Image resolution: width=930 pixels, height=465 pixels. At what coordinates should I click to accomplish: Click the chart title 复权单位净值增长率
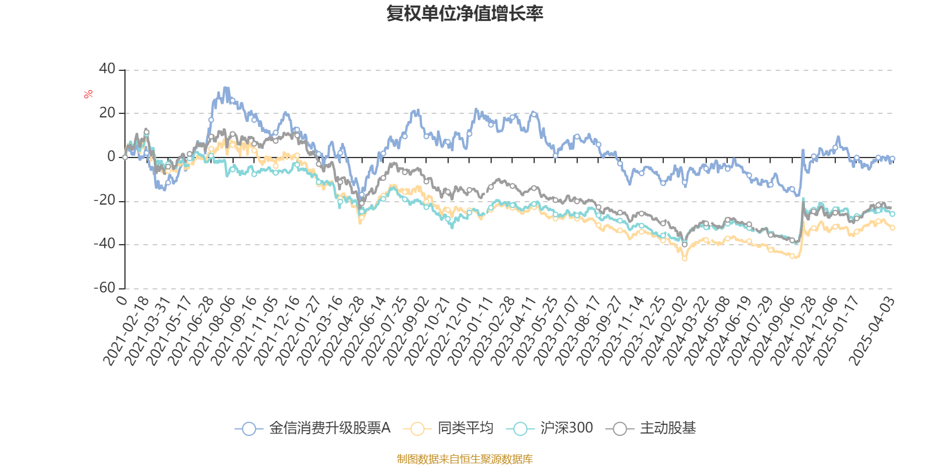click(464, 14)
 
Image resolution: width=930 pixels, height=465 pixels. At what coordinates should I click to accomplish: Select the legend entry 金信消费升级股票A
click(329, 428)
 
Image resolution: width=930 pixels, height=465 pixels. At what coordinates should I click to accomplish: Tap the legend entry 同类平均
click(465, 428)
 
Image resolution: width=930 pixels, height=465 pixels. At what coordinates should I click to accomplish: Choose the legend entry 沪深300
click(566, 428)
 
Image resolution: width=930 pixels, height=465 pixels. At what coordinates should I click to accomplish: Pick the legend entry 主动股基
click(667, 428)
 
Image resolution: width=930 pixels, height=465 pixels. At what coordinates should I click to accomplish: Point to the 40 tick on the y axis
click(107, 69)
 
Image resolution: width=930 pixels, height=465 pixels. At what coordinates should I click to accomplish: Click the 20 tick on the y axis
click(107, 113)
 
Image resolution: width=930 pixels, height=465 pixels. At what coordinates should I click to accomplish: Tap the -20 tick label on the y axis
click(105, 201)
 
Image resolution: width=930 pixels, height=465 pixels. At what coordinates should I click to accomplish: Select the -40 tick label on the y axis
click(105, 244)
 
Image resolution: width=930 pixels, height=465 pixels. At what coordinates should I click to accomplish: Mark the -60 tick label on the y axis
click(105, 288)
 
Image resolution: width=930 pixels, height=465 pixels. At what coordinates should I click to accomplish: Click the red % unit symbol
click(88, 94)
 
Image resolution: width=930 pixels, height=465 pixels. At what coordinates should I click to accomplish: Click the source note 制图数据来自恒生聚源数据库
click(464, 459)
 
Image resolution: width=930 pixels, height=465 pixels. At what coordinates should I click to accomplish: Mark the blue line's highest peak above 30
click(226, 88)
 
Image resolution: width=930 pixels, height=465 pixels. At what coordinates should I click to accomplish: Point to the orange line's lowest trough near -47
click(685, 259)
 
